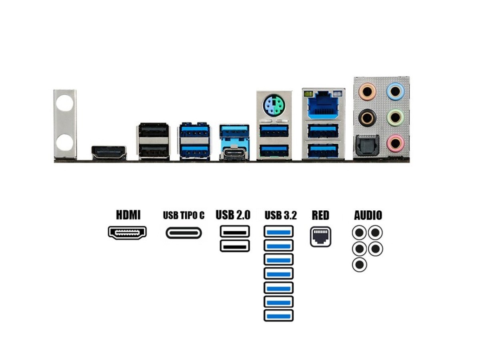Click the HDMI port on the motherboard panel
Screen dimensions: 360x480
[x=108, y=152]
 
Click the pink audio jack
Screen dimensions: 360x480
[x=395, y=143]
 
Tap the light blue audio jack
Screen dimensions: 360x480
[x=395, y=92]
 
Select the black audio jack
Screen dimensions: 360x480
[x=367, y=118]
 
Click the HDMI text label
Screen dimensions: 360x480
[x=128, y=215]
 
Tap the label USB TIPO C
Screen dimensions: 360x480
[x=184, y=216]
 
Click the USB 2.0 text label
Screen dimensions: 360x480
[x=233, y=215]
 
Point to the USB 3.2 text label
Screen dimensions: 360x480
[x=281, y=216]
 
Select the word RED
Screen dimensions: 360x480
[x=320, y=215]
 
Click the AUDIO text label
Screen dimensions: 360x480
[x=368, y=215]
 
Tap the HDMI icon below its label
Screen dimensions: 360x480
[x=127, y=232]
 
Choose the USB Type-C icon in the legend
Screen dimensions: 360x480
[x=184, y=233]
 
